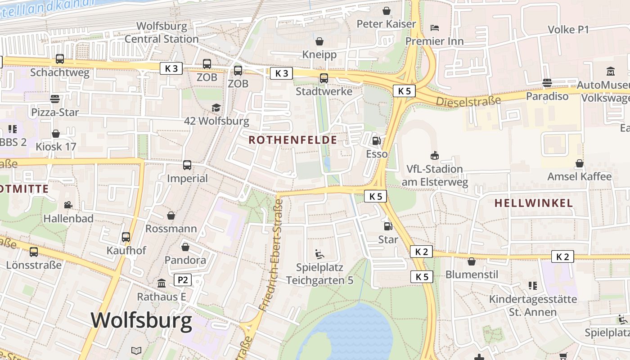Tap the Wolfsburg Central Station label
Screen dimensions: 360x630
pos(162,32)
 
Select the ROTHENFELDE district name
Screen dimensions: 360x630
pos(292,140)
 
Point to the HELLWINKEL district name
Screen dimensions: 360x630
pos(534,203)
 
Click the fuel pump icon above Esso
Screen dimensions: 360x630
pos(376,141)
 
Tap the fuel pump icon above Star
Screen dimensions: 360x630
pos(387,226)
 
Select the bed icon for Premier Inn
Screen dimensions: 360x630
pos(435,28)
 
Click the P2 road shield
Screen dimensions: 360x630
pos(182,280)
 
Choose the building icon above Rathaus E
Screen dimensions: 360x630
pos(162,283)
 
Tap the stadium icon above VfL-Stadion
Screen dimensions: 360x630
pos(435,156)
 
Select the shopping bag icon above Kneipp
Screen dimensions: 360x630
pos(319,41)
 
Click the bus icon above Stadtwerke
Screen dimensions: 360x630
pos(324,78)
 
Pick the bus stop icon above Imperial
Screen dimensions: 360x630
pos(187,165)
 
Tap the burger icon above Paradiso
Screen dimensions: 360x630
pos(547,83)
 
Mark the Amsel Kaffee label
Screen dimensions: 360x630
pos(579,176)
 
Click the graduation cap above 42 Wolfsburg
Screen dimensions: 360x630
pos(216,108)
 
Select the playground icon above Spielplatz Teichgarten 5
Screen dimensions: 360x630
pos(319,254)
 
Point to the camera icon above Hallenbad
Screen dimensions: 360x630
pos(68,205)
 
